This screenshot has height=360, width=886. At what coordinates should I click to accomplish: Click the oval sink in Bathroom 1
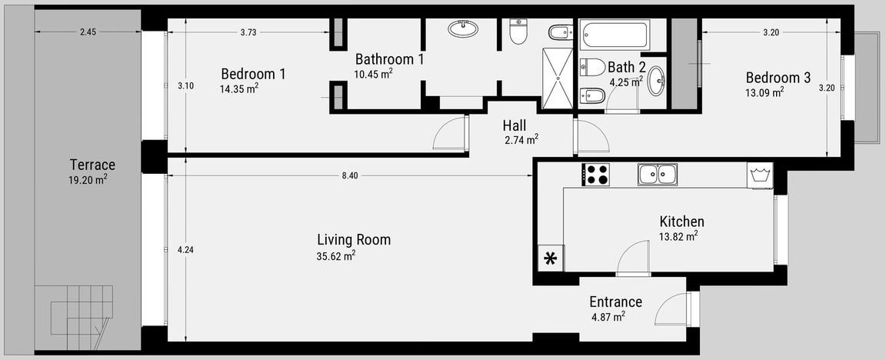click(x=463, y=28)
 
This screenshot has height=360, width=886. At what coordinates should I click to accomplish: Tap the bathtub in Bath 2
click(x=615, y=35)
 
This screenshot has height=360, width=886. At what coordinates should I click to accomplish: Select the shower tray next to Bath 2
click(x=557, y=78)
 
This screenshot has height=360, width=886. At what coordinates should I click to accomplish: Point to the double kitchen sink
click(x=658, y=174)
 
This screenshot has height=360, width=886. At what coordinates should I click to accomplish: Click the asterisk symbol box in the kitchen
click(x=550, y=258)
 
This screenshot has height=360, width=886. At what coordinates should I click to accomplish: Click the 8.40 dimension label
click(x=350, y=175)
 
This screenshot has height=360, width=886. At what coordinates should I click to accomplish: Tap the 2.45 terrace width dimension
click(x=88, y=32)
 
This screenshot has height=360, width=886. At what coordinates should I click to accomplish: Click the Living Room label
click(x=354, y=240)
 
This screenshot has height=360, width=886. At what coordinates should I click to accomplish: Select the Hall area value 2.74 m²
click(x=521, y=139)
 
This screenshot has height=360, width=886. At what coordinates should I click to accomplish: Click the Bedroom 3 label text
click(x=778, y=78)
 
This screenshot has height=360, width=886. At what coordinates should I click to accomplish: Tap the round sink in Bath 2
click(x=656, y=82)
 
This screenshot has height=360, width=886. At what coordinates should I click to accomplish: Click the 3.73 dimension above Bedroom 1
click(x=248, y=32)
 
